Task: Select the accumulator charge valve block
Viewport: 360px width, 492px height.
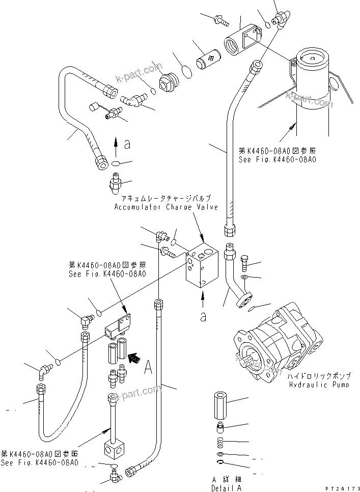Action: click(203, 267)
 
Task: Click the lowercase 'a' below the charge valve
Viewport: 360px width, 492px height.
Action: click(203, 316)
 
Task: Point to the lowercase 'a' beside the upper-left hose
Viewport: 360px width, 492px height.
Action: click(127, 144)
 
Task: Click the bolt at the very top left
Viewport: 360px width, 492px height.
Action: click(221, 19)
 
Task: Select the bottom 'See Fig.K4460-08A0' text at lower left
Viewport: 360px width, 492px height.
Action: click(40, 462)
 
